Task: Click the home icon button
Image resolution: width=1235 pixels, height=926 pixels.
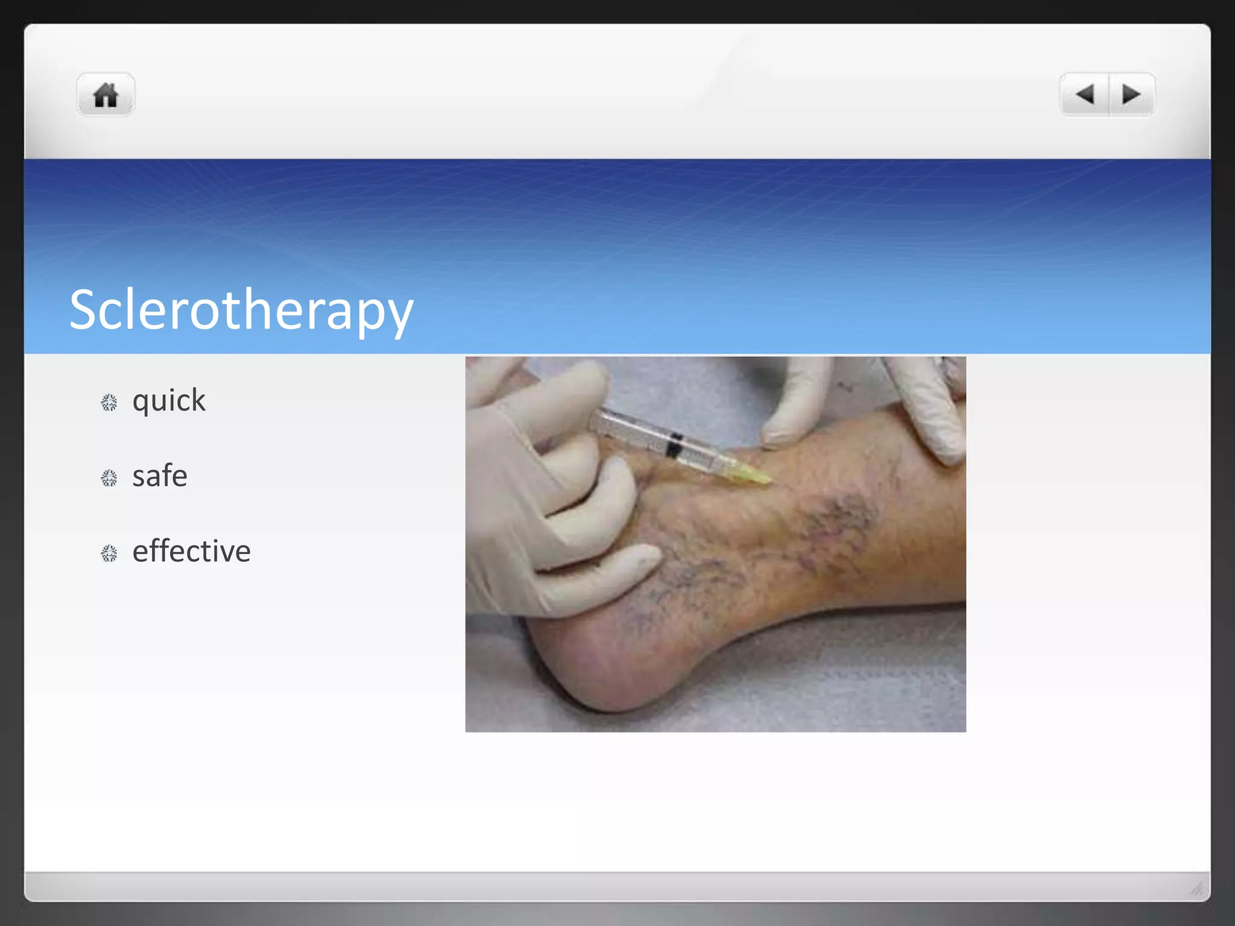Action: point(106,95)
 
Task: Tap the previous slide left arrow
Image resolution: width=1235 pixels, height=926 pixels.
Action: point(1085,94)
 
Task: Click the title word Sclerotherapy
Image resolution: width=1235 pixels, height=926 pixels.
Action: point(241,310)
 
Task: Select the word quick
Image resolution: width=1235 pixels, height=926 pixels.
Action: point(169,401)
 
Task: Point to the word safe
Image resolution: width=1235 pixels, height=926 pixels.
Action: point(160,476)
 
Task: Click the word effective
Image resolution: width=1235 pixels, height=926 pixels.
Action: point(191,552)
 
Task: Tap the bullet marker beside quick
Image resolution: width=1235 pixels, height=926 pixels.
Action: point(109,403)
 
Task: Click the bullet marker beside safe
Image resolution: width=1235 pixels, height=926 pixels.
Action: point(109,478)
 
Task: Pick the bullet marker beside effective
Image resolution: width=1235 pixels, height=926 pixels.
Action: point(109,553)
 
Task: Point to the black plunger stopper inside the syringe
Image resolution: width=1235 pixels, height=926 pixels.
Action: point(675,445)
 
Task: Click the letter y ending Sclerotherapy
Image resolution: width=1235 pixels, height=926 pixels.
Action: point(398,317)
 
